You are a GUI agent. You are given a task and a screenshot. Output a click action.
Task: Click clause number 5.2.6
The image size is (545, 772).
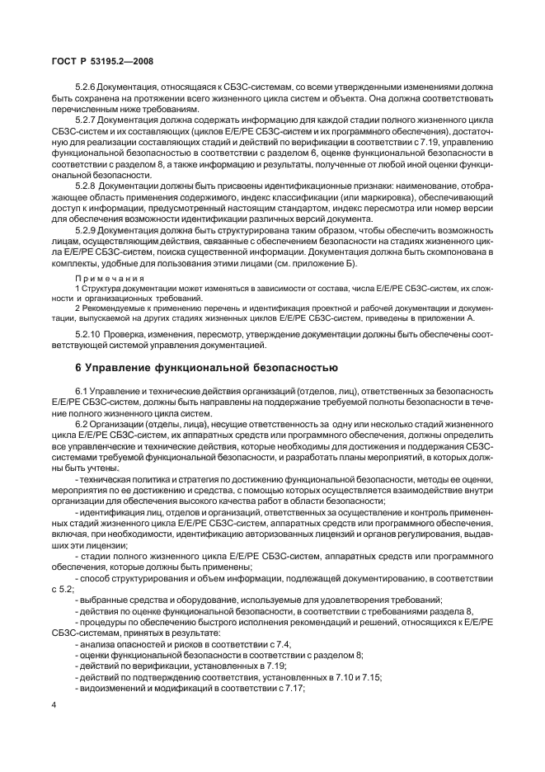87,87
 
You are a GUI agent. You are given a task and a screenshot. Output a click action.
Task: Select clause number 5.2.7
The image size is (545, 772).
87,120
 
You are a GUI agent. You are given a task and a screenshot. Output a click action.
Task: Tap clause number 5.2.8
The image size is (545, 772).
87,186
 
